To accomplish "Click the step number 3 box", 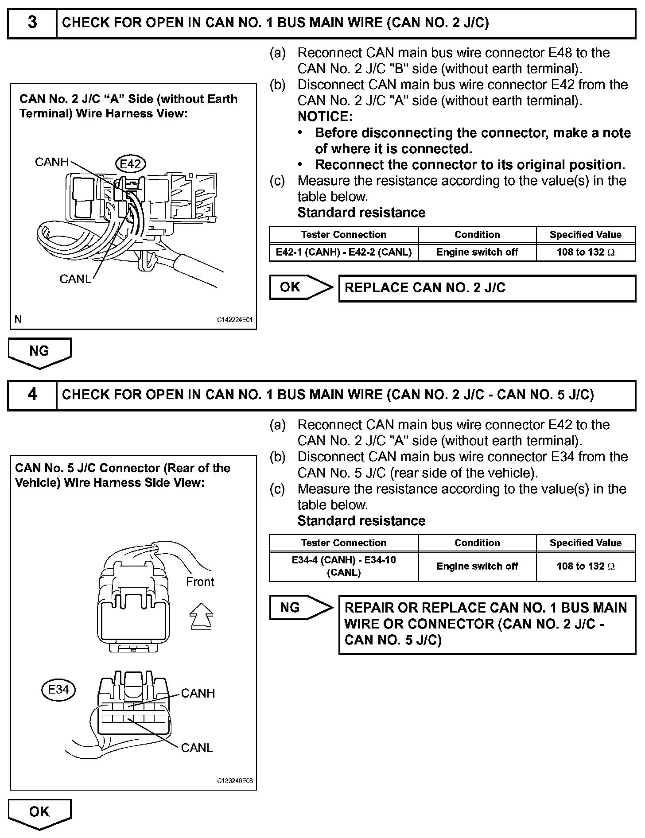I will [x=32, y=23].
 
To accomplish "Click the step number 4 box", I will [x=32, y=395].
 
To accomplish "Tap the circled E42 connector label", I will [x=130, y=164].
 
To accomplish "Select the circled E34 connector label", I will [x=58, y=689].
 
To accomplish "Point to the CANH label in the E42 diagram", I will [x=52, y=162].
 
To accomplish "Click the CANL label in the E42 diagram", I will [x=75, y=279].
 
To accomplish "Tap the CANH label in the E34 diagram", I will [x=198, y=693].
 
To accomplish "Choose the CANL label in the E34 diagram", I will [x=197, y=748].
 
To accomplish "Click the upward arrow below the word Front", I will [x=201, y=616].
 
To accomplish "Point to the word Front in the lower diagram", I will [x=200, y=582].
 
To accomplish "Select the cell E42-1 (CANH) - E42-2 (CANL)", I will [x=344, y=252].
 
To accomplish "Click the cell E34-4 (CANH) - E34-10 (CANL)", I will [x=344, y=566].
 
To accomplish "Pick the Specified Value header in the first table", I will [x=585, y=235].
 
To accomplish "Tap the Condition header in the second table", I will [x=477, y=543].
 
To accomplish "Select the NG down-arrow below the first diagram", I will [x=39, y=352].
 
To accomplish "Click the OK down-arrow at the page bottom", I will [x=39, y=813].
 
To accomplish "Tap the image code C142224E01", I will [x=235, y=320].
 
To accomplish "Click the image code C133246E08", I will [x=235, y=781].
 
